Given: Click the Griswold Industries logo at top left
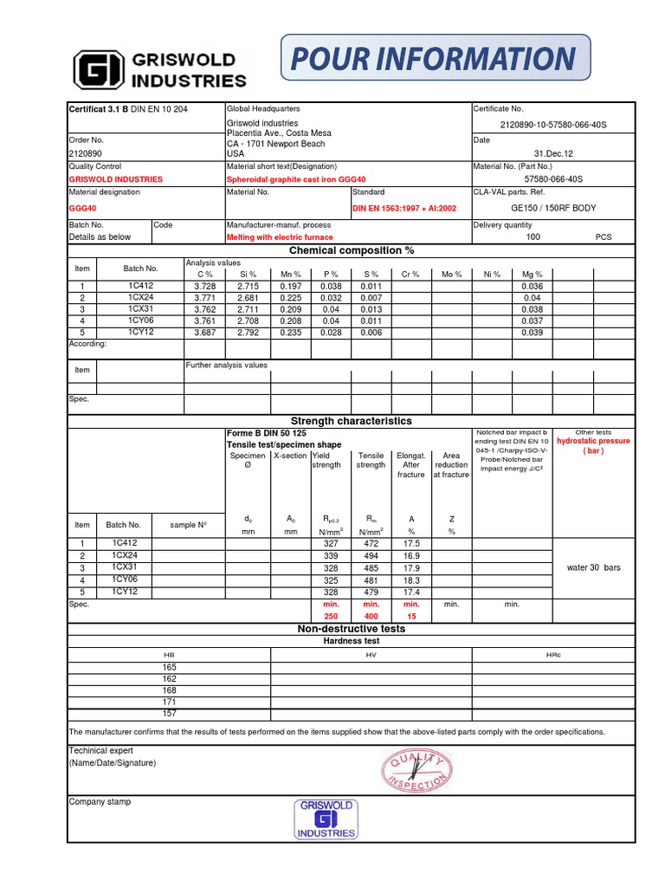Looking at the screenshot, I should pyautogui.click(x=160, y=68).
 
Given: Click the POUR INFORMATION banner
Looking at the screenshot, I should pyautogui.click(x=436, y=60).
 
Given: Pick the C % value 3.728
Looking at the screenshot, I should pyautogui.click(x=204, y=286).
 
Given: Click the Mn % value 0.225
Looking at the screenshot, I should pyautogui.click(x=291, y=297).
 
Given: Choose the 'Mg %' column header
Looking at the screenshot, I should pyautogui.click(x=532, y=274).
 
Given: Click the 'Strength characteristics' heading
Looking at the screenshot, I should pyautogui.click(x=351, y=420).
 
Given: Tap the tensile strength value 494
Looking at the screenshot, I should pyautogui.click(x=371, y=556).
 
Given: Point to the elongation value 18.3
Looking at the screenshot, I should pyautogui.click(x=411, y=579).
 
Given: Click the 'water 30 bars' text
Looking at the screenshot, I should pyautogui.click(x=593, y=567).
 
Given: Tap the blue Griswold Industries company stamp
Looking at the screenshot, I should pyautogui.click(x=326, y=819).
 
